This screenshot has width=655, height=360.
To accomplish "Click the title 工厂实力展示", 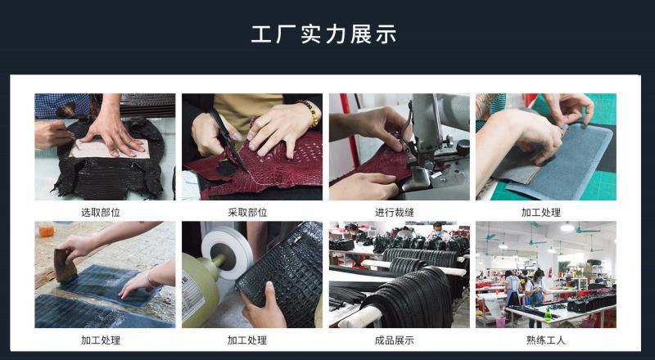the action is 323,34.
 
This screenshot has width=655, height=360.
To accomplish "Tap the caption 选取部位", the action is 101,213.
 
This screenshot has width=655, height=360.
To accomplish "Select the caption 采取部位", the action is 248,213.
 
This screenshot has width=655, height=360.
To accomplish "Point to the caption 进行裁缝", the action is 395,213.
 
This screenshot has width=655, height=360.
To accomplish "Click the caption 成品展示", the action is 395,340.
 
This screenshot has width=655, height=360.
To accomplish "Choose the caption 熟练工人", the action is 546,340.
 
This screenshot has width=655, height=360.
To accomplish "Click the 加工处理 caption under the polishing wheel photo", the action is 247,340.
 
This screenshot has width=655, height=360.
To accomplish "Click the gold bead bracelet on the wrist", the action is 311,113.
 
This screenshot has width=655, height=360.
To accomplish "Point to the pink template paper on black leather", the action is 110,149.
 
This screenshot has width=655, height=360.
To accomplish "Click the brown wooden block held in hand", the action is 65,265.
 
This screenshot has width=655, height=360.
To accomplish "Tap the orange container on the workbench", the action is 47,230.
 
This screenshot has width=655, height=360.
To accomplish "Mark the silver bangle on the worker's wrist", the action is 151,279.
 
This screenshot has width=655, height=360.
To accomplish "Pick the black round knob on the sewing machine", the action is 463,147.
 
